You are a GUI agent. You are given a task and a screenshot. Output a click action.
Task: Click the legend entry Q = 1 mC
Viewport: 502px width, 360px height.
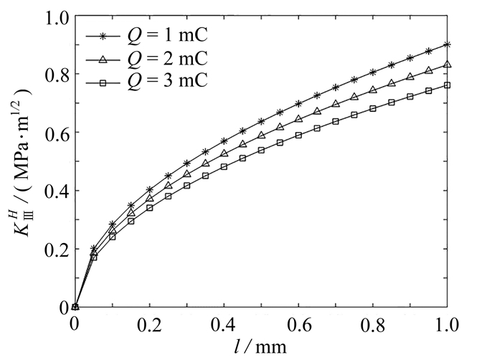coord(147,35)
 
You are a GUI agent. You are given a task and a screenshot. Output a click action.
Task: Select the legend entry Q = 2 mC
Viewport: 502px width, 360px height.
coord(147,58)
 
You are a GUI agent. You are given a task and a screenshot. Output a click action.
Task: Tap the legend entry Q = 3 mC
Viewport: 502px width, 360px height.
coord(147,82)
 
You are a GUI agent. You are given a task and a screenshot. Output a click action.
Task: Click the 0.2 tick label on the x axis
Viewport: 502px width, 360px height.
coord(149,324)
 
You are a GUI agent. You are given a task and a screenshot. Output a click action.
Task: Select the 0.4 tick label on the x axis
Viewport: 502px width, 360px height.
coord(224,324)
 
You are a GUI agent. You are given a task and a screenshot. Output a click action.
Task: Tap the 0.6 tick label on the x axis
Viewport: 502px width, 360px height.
coord(298,324)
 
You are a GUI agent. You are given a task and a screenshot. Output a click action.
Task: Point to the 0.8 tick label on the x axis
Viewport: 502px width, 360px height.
coord(373,324)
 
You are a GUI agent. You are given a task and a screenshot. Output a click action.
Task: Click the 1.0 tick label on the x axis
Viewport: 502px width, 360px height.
coord(447,324)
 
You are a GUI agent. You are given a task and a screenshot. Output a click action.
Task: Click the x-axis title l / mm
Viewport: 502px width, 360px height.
coord(261,346)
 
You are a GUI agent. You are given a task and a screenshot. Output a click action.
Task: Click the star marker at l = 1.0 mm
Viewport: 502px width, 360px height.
coord(447,44)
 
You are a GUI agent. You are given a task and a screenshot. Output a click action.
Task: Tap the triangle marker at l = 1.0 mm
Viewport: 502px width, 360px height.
coord(447,65)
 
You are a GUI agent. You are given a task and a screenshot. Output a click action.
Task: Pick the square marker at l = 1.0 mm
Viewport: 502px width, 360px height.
coord(447,85)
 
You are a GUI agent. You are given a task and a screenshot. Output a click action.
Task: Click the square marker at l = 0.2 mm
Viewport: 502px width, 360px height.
coord(149,208)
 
